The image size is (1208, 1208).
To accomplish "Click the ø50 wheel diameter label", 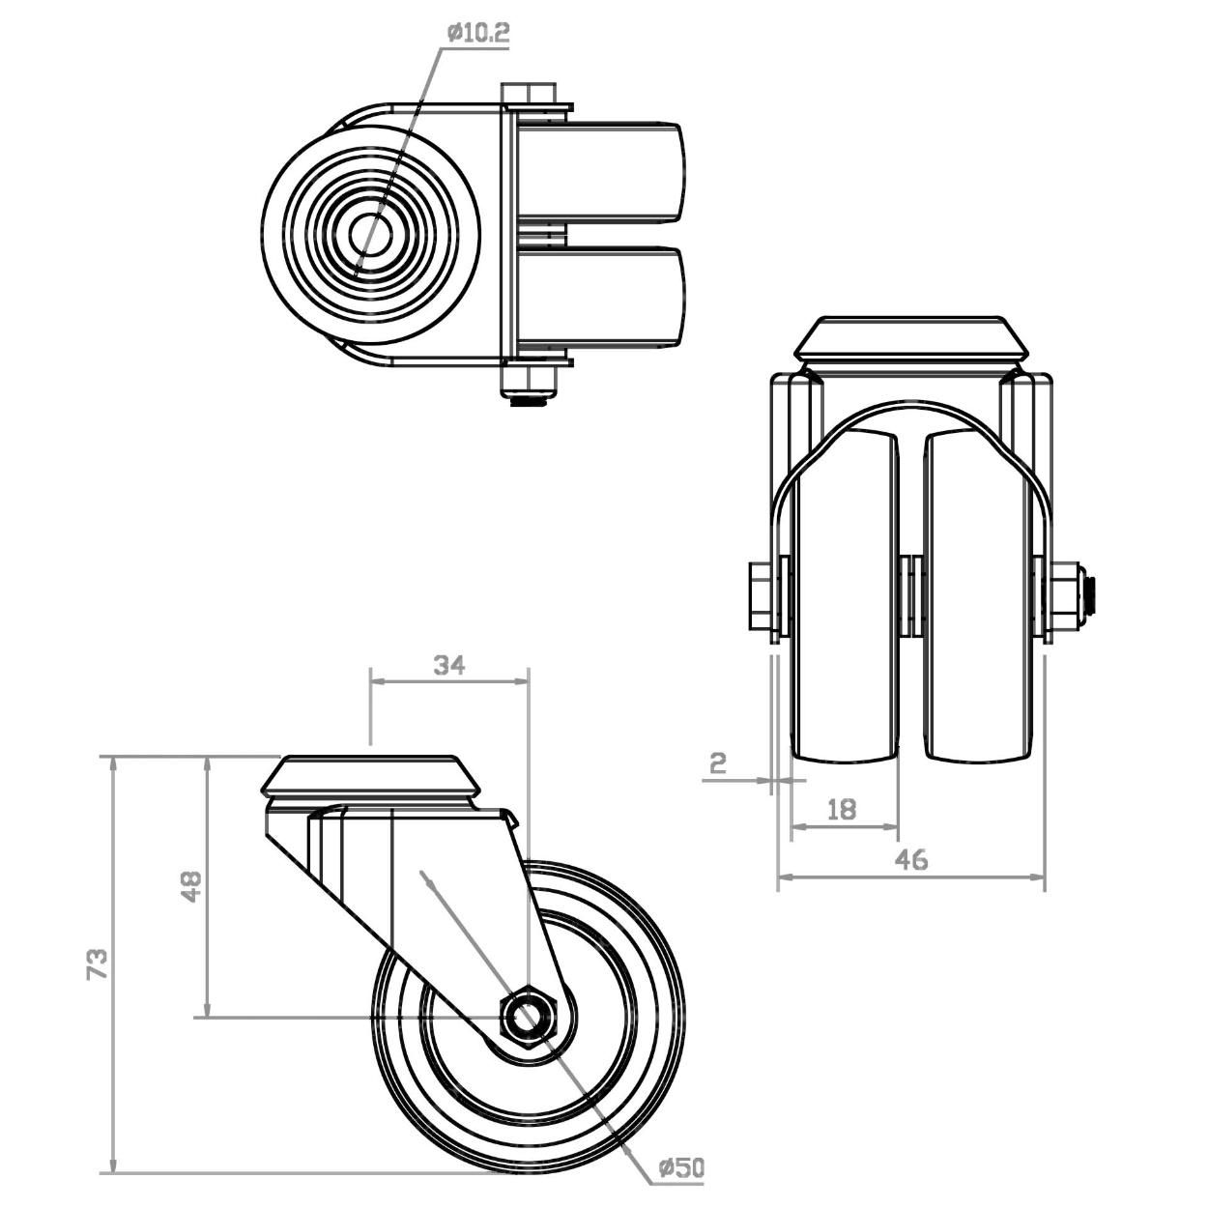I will (680, 1167).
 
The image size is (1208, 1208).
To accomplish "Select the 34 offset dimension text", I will (449, 665).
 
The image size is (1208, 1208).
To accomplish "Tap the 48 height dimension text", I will (192, 886).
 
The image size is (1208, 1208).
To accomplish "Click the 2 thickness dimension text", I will (718, 764).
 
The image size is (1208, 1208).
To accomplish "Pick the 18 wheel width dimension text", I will (843, 809).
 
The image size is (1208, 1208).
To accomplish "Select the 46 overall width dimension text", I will (910, 858).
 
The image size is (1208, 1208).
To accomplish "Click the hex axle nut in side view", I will (527, 1017).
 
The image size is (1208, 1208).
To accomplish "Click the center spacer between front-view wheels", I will (910, 594).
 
